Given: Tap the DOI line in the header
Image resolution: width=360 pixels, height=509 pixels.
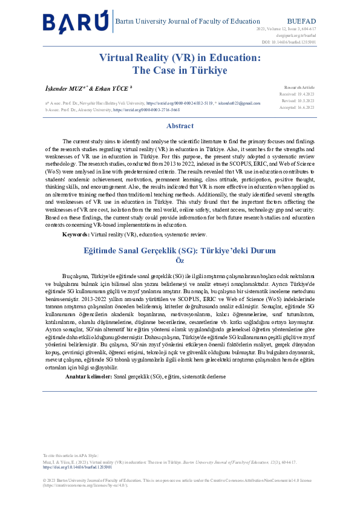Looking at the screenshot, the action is [x=289, y=42].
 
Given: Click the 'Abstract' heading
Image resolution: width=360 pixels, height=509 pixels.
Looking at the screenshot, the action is [x=180, y=126].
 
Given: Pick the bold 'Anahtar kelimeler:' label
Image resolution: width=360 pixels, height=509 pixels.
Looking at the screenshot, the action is [x=88, y=376].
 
